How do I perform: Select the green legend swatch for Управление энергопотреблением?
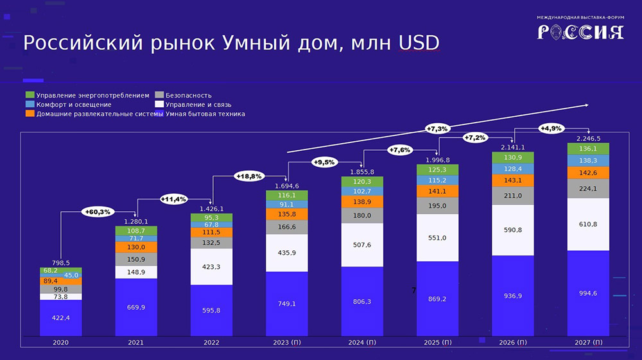pos(30,96)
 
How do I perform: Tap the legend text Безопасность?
pos(188,96)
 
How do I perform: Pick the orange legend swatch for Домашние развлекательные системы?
pos(30,114)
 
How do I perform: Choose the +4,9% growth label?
pos(551,128)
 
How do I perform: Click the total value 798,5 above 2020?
pos(60,262)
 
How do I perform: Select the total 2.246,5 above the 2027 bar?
pos(588,138)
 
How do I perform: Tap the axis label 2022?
pos(211,343)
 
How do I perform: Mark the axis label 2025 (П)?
pos(437,343)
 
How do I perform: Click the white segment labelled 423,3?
pos(211,267)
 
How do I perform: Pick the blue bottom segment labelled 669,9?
pos(135,307)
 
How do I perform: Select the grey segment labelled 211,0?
pos(513,196)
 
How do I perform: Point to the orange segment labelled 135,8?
pos(286,214)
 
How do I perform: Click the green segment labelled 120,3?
pos(362,182)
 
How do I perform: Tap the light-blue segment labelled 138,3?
pos(588,160)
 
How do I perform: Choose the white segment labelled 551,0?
pos(437,237)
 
